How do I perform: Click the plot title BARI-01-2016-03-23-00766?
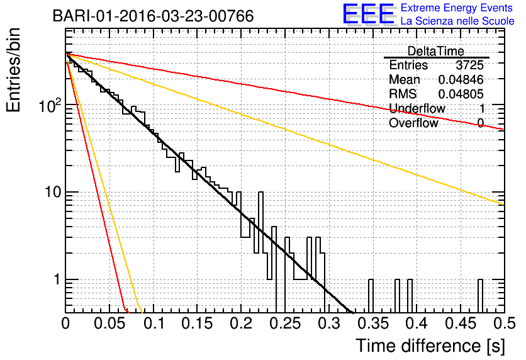pyautogui.click(x=154, y=16)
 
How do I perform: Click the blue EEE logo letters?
pyautogui.click(x=368, y=14)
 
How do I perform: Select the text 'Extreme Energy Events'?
pyautogui.click(x=457, y=8)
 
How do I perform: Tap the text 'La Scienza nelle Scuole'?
pyautogui.click(x=457, y=21)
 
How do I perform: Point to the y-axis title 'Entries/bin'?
pyautogui.click(x=14, y=70)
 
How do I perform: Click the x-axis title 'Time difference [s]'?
pyautogui.click(x=430, y=346)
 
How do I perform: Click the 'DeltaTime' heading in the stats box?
pyautogui.click(x=435, y=51)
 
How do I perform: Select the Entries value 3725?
pyautogui.click(x=469, y=65)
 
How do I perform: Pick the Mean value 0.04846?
pyautogui.click(x=461, y=79)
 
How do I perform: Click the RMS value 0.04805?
pyautogui.click(x=461, y=94)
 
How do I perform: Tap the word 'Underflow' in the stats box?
pyautogui.click(x=417, y=108)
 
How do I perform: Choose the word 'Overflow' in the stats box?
pyautogui.click(x=413, y=123)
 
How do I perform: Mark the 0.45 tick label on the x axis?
pyautogui.click(x=461, y=323)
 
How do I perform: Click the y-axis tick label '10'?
pyautogui.click(x=53, y=192)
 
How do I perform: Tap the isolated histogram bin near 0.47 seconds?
pyautogui.click(x=480, y=296)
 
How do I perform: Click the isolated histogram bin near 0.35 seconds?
pyautogui.click(x=371, y=296)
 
